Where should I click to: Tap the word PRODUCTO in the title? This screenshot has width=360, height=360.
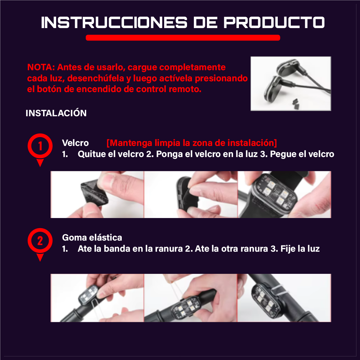pyautogui.click(x=274, y=23)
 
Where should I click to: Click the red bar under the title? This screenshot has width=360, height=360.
pyautogui.click(x=183, y=38)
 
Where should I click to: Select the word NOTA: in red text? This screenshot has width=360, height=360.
pyautogui.click(x=41, y=68)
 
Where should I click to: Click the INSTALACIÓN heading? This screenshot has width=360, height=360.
pyautogui.click(x=56, y=113)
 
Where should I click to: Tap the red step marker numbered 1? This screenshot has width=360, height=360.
pyautogui.click(x=40, y=147)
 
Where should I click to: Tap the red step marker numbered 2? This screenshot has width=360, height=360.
pyautogui.click(x=40, y=241)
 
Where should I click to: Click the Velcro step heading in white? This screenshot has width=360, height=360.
pyautogui.click(x=75, y=143)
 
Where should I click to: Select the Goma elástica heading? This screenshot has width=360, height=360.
pyautogui.click(x=92, y=238)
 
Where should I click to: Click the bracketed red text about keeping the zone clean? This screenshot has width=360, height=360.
pyautogui.click(x=192, y=143)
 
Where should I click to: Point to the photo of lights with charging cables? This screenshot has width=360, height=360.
pyautogui.click(x=290, y=84)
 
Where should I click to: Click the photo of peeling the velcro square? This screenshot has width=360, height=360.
pyautogui.click(x=97, y=195)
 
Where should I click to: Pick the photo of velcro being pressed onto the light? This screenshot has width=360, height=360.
pyautogui.click(x=191, y=195)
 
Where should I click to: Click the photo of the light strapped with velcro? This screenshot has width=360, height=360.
pyautogui.click(x=284, y=195)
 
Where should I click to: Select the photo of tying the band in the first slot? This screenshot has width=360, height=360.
pyautogui.click(x=97, y=298)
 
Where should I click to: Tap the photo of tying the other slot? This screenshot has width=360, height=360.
pyautogui.click(x=191, y=298)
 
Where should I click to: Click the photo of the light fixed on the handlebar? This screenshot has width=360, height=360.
pyautogui.click(x=284, y=298)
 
